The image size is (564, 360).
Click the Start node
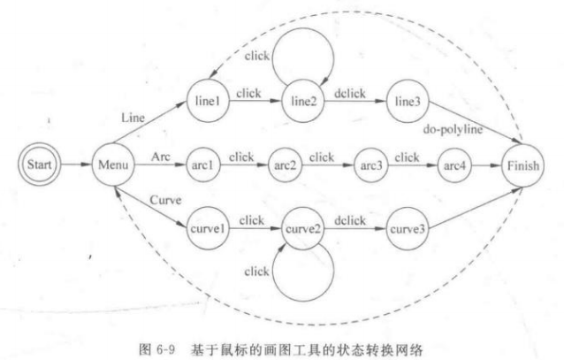click(x=42, y=165)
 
